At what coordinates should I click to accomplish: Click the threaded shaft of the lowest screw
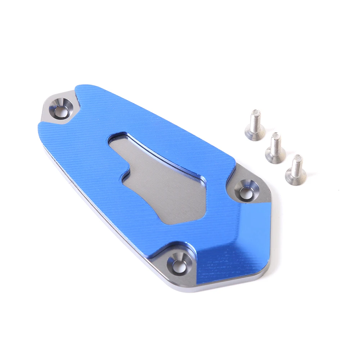[x=297, y=163]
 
